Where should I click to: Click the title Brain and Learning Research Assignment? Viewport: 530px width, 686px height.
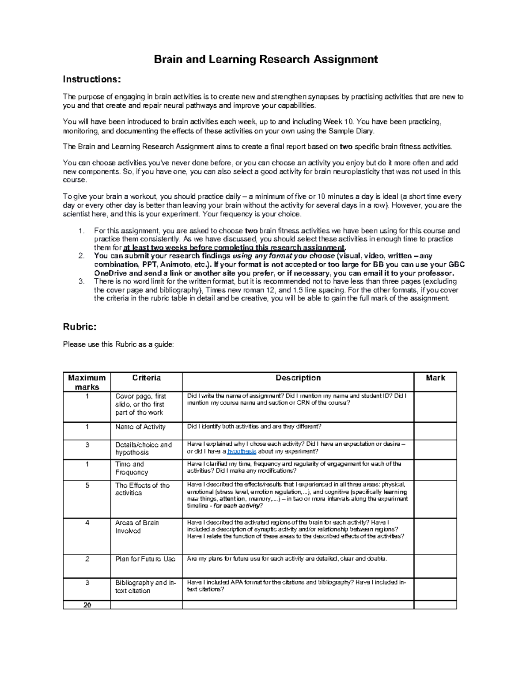pos(265,59)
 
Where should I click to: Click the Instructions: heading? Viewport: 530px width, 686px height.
pos(91,80)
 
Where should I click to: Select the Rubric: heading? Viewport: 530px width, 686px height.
pos(79,327)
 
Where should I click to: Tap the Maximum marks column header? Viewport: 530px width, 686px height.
pos(87,382)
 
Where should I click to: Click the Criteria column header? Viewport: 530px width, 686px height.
pos(146,378)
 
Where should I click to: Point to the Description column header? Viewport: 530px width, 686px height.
pos(298,378)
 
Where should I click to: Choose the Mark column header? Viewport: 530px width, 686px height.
pos(435,378)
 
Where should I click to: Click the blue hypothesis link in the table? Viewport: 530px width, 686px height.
pos(241,451)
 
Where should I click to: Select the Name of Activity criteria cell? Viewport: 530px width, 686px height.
pos(140,427)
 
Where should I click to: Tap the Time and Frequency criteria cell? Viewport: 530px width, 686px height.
pos(131,468)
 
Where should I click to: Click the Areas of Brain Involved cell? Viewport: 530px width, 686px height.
pos(137,527)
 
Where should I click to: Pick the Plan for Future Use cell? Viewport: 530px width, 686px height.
pos(145,559)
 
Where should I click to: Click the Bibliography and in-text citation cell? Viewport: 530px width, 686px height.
pos(145,587)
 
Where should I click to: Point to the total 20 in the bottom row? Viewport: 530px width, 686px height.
pos(87,605)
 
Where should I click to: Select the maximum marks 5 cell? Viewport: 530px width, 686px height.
pos(87,485)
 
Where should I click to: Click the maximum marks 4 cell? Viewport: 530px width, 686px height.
pos(87,523)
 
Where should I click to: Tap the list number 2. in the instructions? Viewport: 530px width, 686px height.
pos(81,256)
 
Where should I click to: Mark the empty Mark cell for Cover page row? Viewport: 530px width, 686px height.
pos(435,406)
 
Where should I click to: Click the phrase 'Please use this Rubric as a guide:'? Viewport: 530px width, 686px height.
pos(118,345)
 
